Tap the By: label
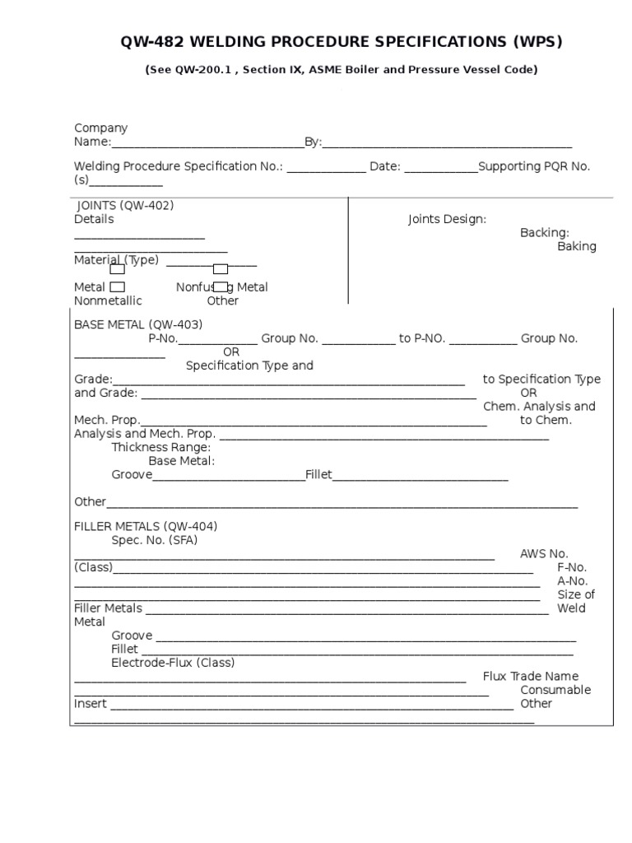pos(313,142)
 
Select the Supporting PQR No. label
pos(534,166)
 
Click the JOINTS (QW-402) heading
pos(125,206)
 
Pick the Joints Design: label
pos(447,219)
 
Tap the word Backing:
pos(544,233)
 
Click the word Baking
pos(576,246)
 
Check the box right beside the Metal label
pos(118,287)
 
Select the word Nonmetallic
pos(109,300)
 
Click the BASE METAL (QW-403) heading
pos(138,324)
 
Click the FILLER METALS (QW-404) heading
pos(146,527)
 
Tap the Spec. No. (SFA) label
pos(155,540)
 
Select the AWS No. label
pos(544,554)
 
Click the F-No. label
pos(572,567)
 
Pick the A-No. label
pos(572,580)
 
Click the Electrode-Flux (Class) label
pos(173,663)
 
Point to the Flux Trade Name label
pos(531,677)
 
